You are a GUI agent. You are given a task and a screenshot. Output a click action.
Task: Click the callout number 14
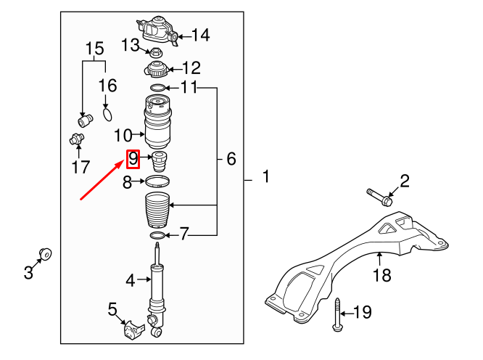coord(199,34)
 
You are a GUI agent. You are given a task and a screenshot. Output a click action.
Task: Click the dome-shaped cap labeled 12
coord(157,71)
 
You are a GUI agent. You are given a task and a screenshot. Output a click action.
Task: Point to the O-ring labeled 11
coord(157,89)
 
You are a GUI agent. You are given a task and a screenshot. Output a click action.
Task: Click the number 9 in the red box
coord(133,158)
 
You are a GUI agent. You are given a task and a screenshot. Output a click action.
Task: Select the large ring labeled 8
coord(157,181)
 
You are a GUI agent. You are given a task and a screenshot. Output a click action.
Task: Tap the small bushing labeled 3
coord(46,254)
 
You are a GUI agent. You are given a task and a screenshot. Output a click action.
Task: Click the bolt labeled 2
coord(378,195)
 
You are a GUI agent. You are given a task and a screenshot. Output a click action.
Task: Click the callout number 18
coord(381,275)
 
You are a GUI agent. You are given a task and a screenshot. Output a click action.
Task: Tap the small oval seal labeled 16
coord(107,112)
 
